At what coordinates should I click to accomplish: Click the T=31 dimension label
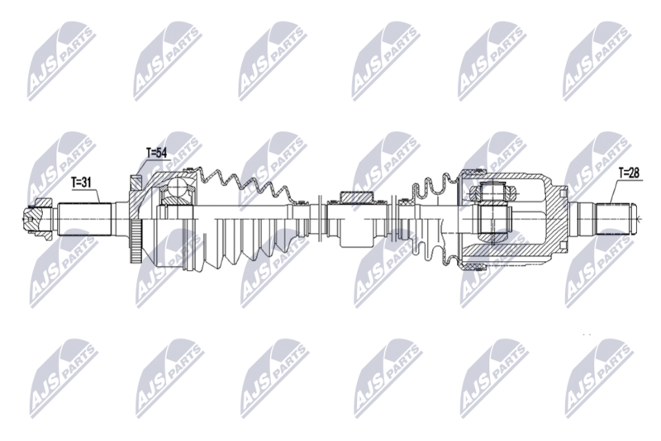pos(81,183)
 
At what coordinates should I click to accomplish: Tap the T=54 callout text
pos(156,153)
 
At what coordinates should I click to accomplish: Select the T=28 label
pos(629,173)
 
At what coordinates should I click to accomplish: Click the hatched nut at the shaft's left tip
pos(36,219)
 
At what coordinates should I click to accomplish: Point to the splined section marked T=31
pos(85,219)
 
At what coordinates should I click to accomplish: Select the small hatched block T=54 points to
pos(135,183)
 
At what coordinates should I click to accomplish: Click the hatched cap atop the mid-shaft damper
pos(357,197)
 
